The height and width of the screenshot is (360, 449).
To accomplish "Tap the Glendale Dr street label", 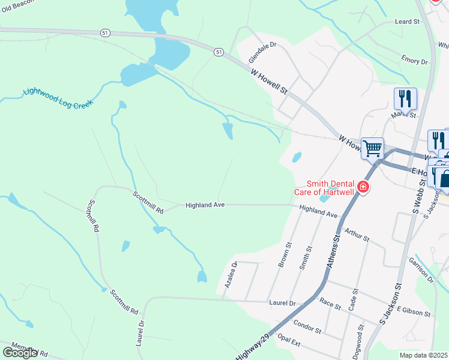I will pyautogui.click(x=262, y=53).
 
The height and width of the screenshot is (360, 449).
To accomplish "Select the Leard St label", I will pyautogui.click(x=407, y=22).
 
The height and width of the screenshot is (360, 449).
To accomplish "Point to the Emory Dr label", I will pyautogui.click(x=415, y=61).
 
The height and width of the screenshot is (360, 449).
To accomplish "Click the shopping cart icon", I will pyautogui.click(x=372, y=148).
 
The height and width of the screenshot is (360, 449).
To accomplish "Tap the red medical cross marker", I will pyautogui.click(x=363, y=188).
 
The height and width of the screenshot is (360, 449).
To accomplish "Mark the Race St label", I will pyautogui.click(x=330, y=305).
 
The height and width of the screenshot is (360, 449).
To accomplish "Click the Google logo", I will pyautogui.click(x=19, y=352).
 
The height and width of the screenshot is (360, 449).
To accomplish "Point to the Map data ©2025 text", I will pyautogui.click(x=424, y=355).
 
